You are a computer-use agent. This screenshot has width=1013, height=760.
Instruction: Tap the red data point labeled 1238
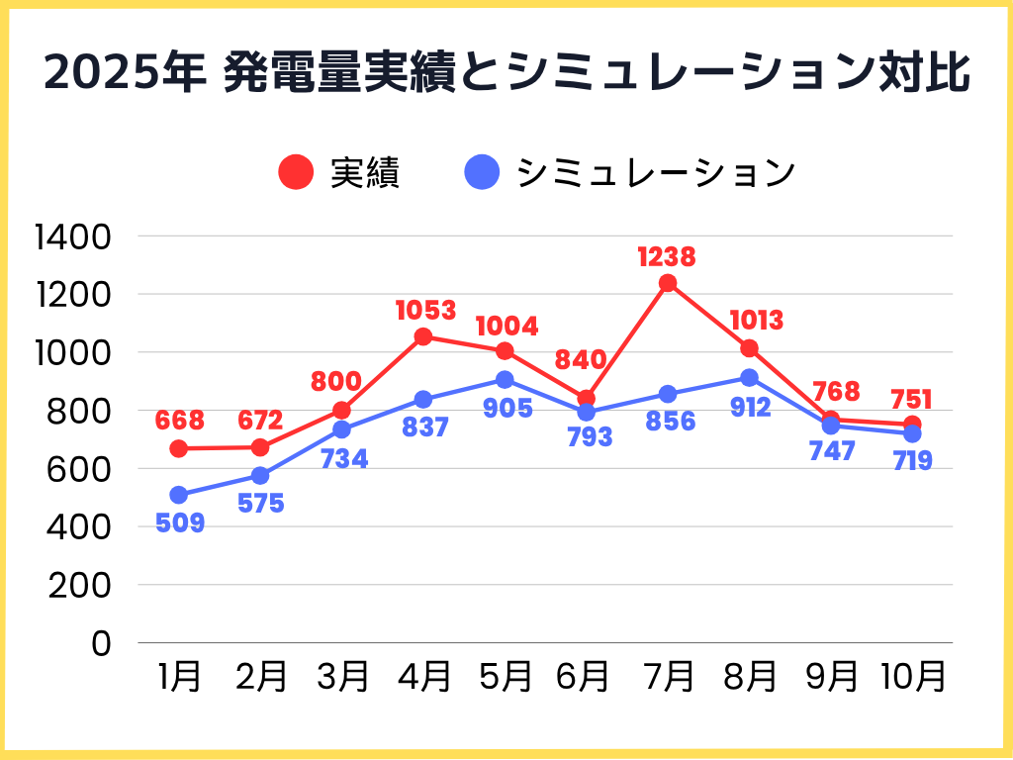click(668, 283)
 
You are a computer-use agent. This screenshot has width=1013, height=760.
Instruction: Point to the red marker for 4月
click(423, 336)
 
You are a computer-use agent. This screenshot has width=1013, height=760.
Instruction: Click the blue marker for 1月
click(178, 495)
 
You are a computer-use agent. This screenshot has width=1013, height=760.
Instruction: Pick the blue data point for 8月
click(749, 378)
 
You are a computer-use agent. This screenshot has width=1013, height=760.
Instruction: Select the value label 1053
click(425, 311)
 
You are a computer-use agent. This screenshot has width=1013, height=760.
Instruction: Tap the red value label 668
click(180, 422)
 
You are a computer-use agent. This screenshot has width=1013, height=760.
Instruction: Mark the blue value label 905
click(506, 408)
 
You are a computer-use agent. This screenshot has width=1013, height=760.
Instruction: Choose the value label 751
click(911, 399)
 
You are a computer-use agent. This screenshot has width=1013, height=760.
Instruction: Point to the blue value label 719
click(911, 460)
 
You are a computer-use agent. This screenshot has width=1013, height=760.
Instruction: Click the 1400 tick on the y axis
click(75, 237)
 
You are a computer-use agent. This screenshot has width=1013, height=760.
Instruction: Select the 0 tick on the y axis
click(103, 643)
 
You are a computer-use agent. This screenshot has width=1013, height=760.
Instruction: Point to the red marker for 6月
click(586, 399)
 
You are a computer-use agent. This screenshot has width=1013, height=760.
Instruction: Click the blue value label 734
click(342, 459)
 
